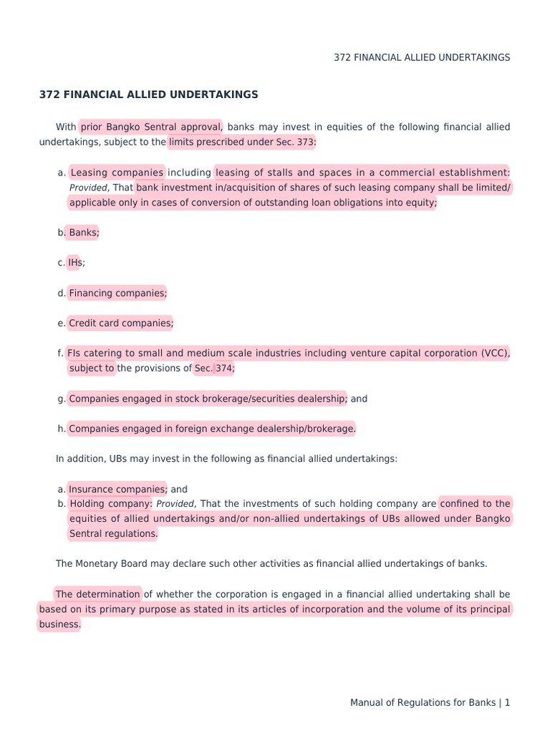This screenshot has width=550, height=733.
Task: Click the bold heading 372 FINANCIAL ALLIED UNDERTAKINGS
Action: tap(148, 94)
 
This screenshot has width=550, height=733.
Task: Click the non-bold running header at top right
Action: tap(422, 57)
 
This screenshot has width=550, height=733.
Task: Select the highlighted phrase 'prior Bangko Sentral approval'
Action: tap(150, 127)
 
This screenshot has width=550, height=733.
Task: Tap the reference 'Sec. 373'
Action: tap(295, 142)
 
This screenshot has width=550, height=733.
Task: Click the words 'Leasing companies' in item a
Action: tap(117, 173)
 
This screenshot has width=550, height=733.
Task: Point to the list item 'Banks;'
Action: tap(84, 233)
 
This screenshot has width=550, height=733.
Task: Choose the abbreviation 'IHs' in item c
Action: tap(75, 263)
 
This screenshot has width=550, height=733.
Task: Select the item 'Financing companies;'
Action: tap(117, 293)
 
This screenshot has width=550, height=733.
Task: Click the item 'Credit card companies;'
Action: tap(120, 323)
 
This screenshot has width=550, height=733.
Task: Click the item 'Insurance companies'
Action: tap(117, 489)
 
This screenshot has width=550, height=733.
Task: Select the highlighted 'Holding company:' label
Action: tap(110, 504)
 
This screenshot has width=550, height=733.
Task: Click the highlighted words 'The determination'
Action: tap(97, 594)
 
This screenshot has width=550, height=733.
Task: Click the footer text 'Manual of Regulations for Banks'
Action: tap(423, 703)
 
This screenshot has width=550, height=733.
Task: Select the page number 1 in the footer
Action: tap(507, 703)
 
